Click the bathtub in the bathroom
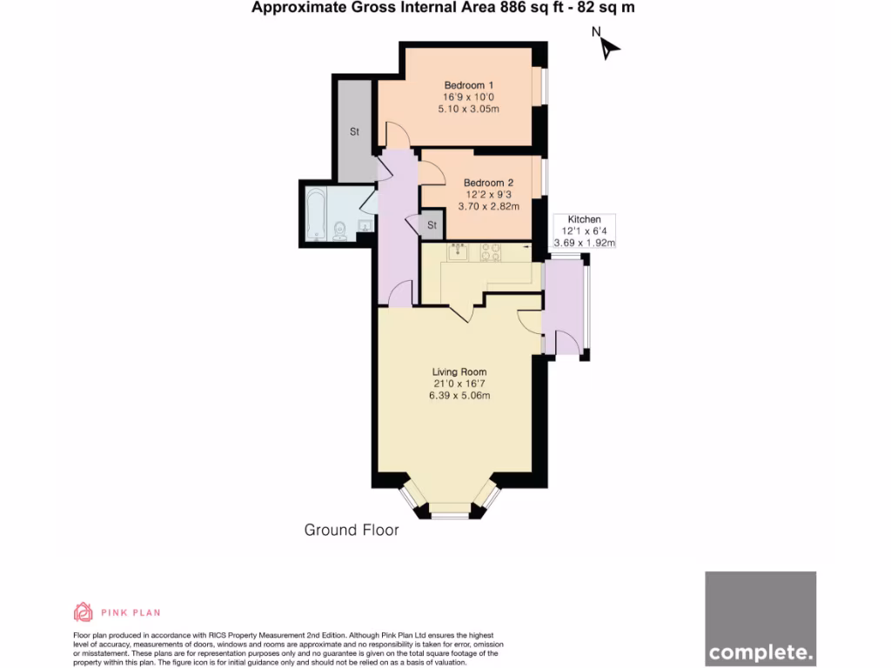(314, 212)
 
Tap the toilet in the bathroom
(340, 230)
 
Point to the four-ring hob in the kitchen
(491, 252)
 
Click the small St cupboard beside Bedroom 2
(431, 225)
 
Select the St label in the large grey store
(354, 132)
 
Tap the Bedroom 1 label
(469, 85)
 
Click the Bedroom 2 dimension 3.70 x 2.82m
(488, 207)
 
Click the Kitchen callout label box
(584, 231)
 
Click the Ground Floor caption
(352, 530)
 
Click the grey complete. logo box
(760, 618)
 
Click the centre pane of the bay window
(450, 515)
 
